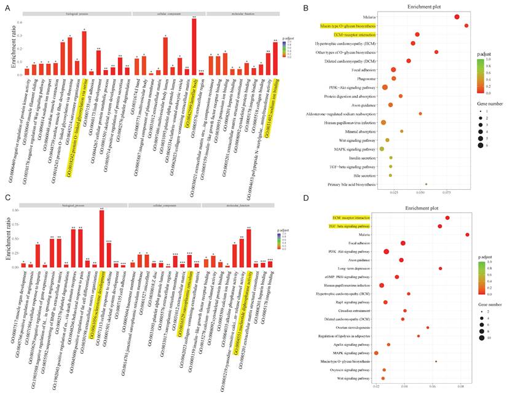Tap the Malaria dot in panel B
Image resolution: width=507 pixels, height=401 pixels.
457,17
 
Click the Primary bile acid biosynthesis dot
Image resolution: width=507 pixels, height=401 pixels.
426,184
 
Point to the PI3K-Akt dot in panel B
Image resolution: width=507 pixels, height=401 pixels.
385,87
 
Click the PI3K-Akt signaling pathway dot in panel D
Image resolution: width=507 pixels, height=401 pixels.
386,252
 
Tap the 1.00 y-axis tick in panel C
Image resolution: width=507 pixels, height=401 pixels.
17,211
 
